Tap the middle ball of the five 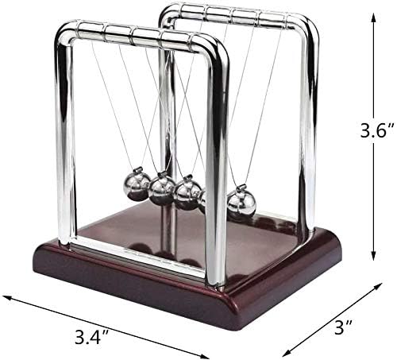pyautogui.click(x=188, y=192)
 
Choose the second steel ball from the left pyautogui.click(x=162, y=189)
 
